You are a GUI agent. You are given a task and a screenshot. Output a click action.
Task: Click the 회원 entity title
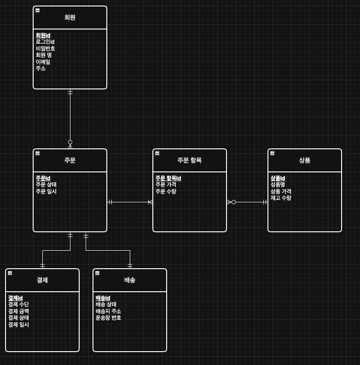point(70,18)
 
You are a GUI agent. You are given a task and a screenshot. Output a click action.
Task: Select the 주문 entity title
point(70,160)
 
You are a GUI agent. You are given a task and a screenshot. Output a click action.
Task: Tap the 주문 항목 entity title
point(190,160)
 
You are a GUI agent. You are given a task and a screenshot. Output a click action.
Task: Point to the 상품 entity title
point(305,160)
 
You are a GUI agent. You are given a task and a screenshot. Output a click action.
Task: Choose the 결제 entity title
point(42,280)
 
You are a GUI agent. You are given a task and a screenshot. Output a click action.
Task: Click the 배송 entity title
point(130,280)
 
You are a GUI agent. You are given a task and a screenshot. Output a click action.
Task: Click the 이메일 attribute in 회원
point(43,62)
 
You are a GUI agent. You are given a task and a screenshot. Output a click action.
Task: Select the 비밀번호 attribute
point(46,48)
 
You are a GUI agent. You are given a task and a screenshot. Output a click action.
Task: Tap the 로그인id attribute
point(45,42)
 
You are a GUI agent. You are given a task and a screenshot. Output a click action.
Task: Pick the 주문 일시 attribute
point(46,191)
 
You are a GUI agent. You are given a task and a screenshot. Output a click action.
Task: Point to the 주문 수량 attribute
point(166,191)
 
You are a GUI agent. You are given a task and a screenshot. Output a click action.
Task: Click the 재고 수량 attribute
point(281,198)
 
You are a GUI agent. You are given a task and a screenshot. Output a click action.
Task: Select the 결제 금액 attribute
point(18,311)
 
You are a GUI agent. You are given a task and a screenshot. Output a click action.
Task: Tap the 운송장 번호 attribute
point(108,318)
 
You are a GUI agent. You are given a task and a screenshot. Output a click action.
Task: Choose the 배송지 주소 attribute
point(108,311)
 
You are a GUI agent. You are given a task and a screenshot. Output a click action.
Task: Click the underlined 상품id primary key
point(278,178)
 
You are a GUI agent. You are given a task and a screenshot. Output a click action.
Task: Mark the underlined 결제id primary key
point(15,298)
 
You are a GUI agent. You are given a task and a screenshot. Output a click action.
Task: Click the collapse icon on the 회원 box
point(37,10)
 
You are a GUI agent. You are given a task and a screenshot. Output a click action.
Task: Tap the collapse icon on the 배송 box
point(97,273)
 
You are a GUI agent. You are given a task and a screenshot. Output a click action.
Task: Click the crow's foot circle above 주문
point(70,142)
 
